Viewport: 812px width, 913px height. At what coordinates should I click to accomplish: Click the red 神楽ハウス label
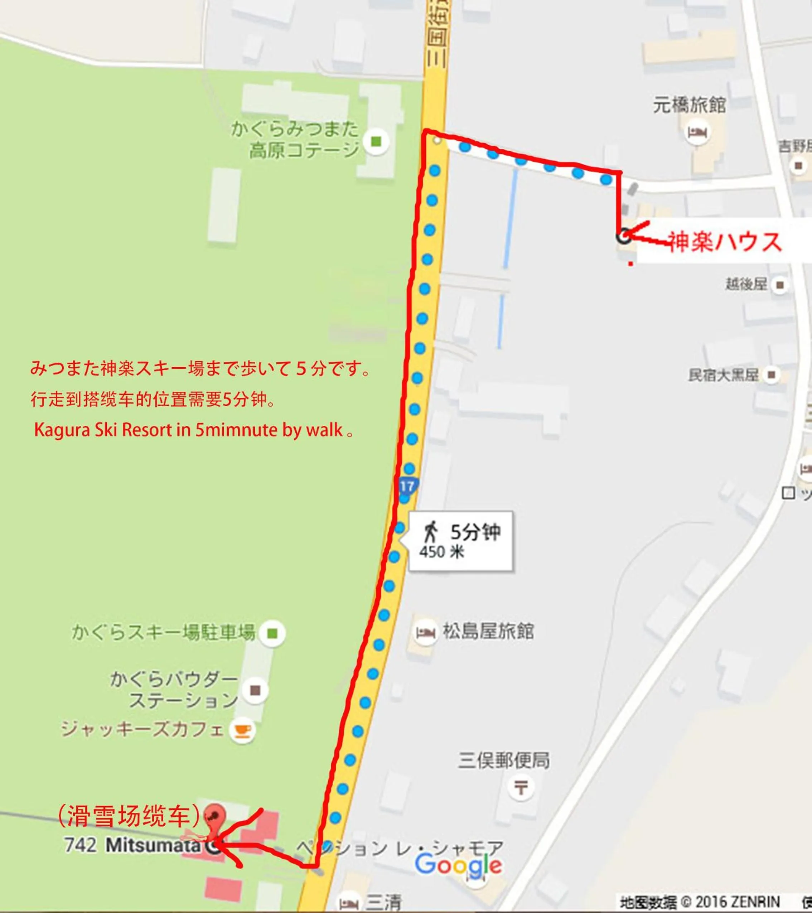click(x=724, y=242)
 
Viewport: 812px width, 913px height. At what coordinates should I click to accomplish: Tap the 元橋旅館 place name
click(x=690, y=105)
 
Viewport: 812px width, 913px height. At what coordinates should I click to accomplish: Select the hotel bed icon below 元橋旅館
click(x=697, y=133)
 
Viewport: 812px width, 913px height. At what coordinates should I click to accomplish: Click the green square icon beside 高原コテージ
click(x=376, y=142)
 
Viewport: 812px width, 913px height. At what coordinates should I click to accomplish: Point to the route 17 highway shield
click(x=407, y=486)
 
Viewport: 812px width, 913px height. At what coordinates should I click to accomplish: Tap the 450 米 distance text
click(x=442, y=552)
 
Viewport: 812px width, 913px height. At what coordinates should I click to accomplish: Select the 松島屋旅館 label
click(x=488, y=631)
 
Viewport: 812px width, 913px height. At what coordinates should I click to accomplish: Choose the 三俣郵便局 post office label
click(x=503, y=760)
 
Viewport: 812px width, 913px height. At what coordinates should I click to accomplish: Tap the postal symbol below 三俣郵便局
click(x=521, y=787)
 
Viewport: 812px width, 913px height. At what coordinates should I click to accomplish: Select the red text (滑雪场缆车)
click(x=130, y=816)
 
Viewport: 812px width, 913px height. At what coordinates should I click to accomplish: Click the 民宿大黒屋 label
click(x=723, y=375)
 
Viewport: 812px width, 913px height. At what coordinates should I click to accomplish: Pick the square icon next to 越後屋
click(x=780, y=285)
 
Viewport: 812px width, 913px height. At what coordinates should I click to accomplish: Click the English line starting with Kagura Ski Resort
click(x=193, y=430)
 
